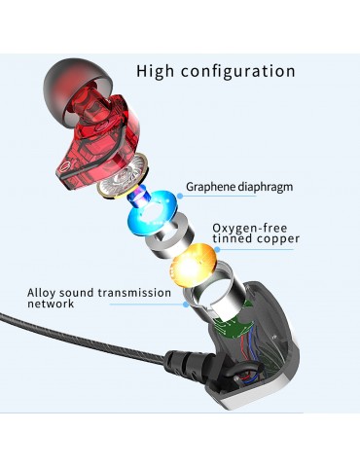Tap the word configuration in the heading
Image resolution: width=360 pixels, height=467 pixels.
(x=238, y=72)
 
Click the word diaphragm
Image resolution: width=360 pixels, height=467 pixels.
(x=266, y=187)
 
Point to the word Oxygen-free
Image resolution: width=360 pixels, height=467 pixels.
(x=250, y=229)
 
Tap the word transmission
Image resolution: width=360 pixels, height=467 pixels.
(x=134, y=293)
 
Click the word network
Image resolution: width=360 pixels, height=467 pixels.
(x=51, y=304)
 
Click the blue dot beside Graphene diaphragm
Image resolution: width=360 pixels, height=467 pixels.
(x=180, y=196)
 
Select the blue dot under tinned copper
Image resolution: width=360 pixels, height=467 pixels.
(x=217, y=249)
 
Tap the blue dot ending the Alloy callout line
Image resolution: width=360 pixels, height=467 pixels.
(x=186, y=305)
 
